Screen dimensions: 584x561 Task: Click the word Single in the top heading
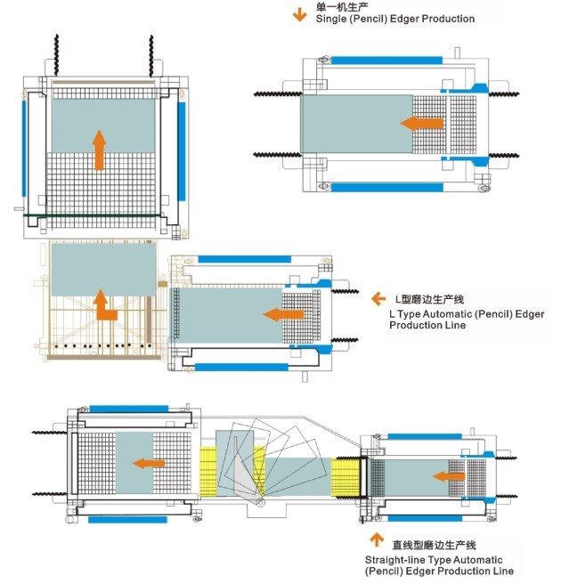point(332,19)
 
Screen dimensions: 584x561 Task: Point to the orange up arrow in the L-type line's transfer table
point(106,304)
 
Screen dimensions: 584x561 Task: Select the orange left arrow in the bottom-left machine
point(150,462)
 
